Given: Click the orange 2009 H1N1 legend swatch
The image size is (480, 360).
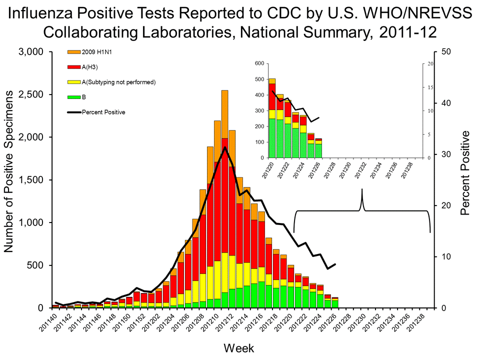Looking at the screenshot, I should click(x=74, y=51).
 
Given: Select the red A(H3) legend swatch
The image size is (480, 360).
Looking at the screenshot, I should click(x=74, y=66).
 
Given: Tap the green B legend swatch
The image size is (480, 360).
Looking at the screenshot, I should click(x=74, y=96).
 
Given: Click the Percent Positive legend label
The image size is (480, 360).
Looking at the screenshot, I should click(x=103, y=112).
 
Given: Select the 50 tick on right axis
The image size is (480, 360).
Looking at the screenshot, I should click(x=446, y=52).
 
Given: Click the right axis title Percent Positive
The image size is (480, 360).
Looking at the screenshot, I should click(x=465, y=172).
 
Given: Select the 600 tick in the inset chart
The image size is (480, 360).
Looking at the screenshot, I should click(x=258, y=63).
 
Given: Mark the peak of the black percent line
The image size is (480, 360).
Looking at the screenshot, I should click(x=225, y=147).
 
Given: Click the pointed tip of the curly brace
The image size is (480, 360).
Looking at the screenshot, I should click(x=362, y=190).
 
